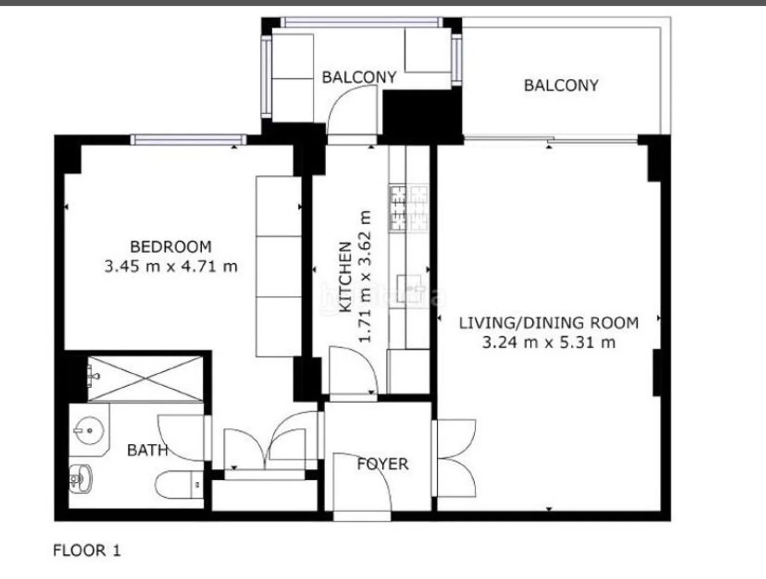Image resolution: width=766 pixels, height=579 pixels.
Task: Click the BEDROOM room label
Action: coord(171,247)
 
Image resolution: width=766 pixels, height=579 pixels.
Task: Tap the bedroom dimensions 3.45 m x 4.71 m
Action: coord(171,267)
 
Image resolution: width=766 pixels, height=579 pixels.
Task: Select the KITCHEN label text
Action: coord(345,277)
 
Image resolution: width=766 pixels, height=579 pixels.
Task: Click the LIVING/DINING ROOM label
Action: coord(549,323)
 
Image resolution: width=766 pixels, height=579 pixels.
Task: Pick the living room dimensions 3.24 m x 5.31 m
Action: coord(549,343)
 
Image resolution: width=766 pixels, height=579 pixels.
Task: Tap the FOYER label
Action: coord(383,464)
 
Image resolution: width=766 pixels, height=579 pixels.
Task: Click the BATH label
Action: coord(148,450)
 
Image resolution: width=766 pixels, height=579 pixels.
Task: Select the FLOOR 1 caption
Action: coord(86,551)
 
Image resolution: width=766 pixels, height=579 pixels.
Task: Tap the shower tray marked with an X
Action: coord(145,379)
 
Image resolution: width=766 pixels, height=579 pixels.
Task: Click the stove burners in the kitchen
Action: coord(409,209)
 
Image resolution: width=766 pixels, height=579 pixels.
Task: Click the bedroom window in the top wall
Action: coord(188,140)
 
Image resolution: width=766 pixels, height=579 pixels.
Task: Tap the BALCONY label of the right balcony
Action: coord(561,85)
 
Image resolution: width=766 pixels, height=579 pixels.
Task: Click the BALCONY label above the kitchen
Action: coord(359,77)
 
